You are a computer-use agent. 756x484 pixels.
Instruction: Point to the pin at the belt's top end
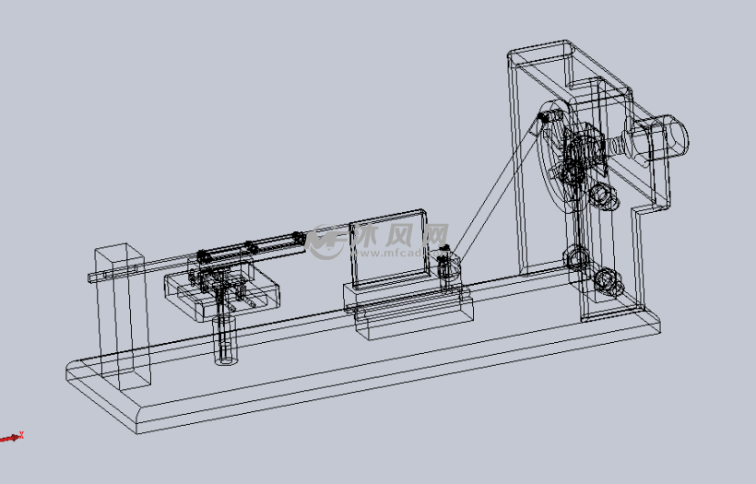tap(550, 117)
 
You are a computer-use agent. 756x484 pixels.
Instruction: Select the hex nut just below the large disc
tap(600, 195)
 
